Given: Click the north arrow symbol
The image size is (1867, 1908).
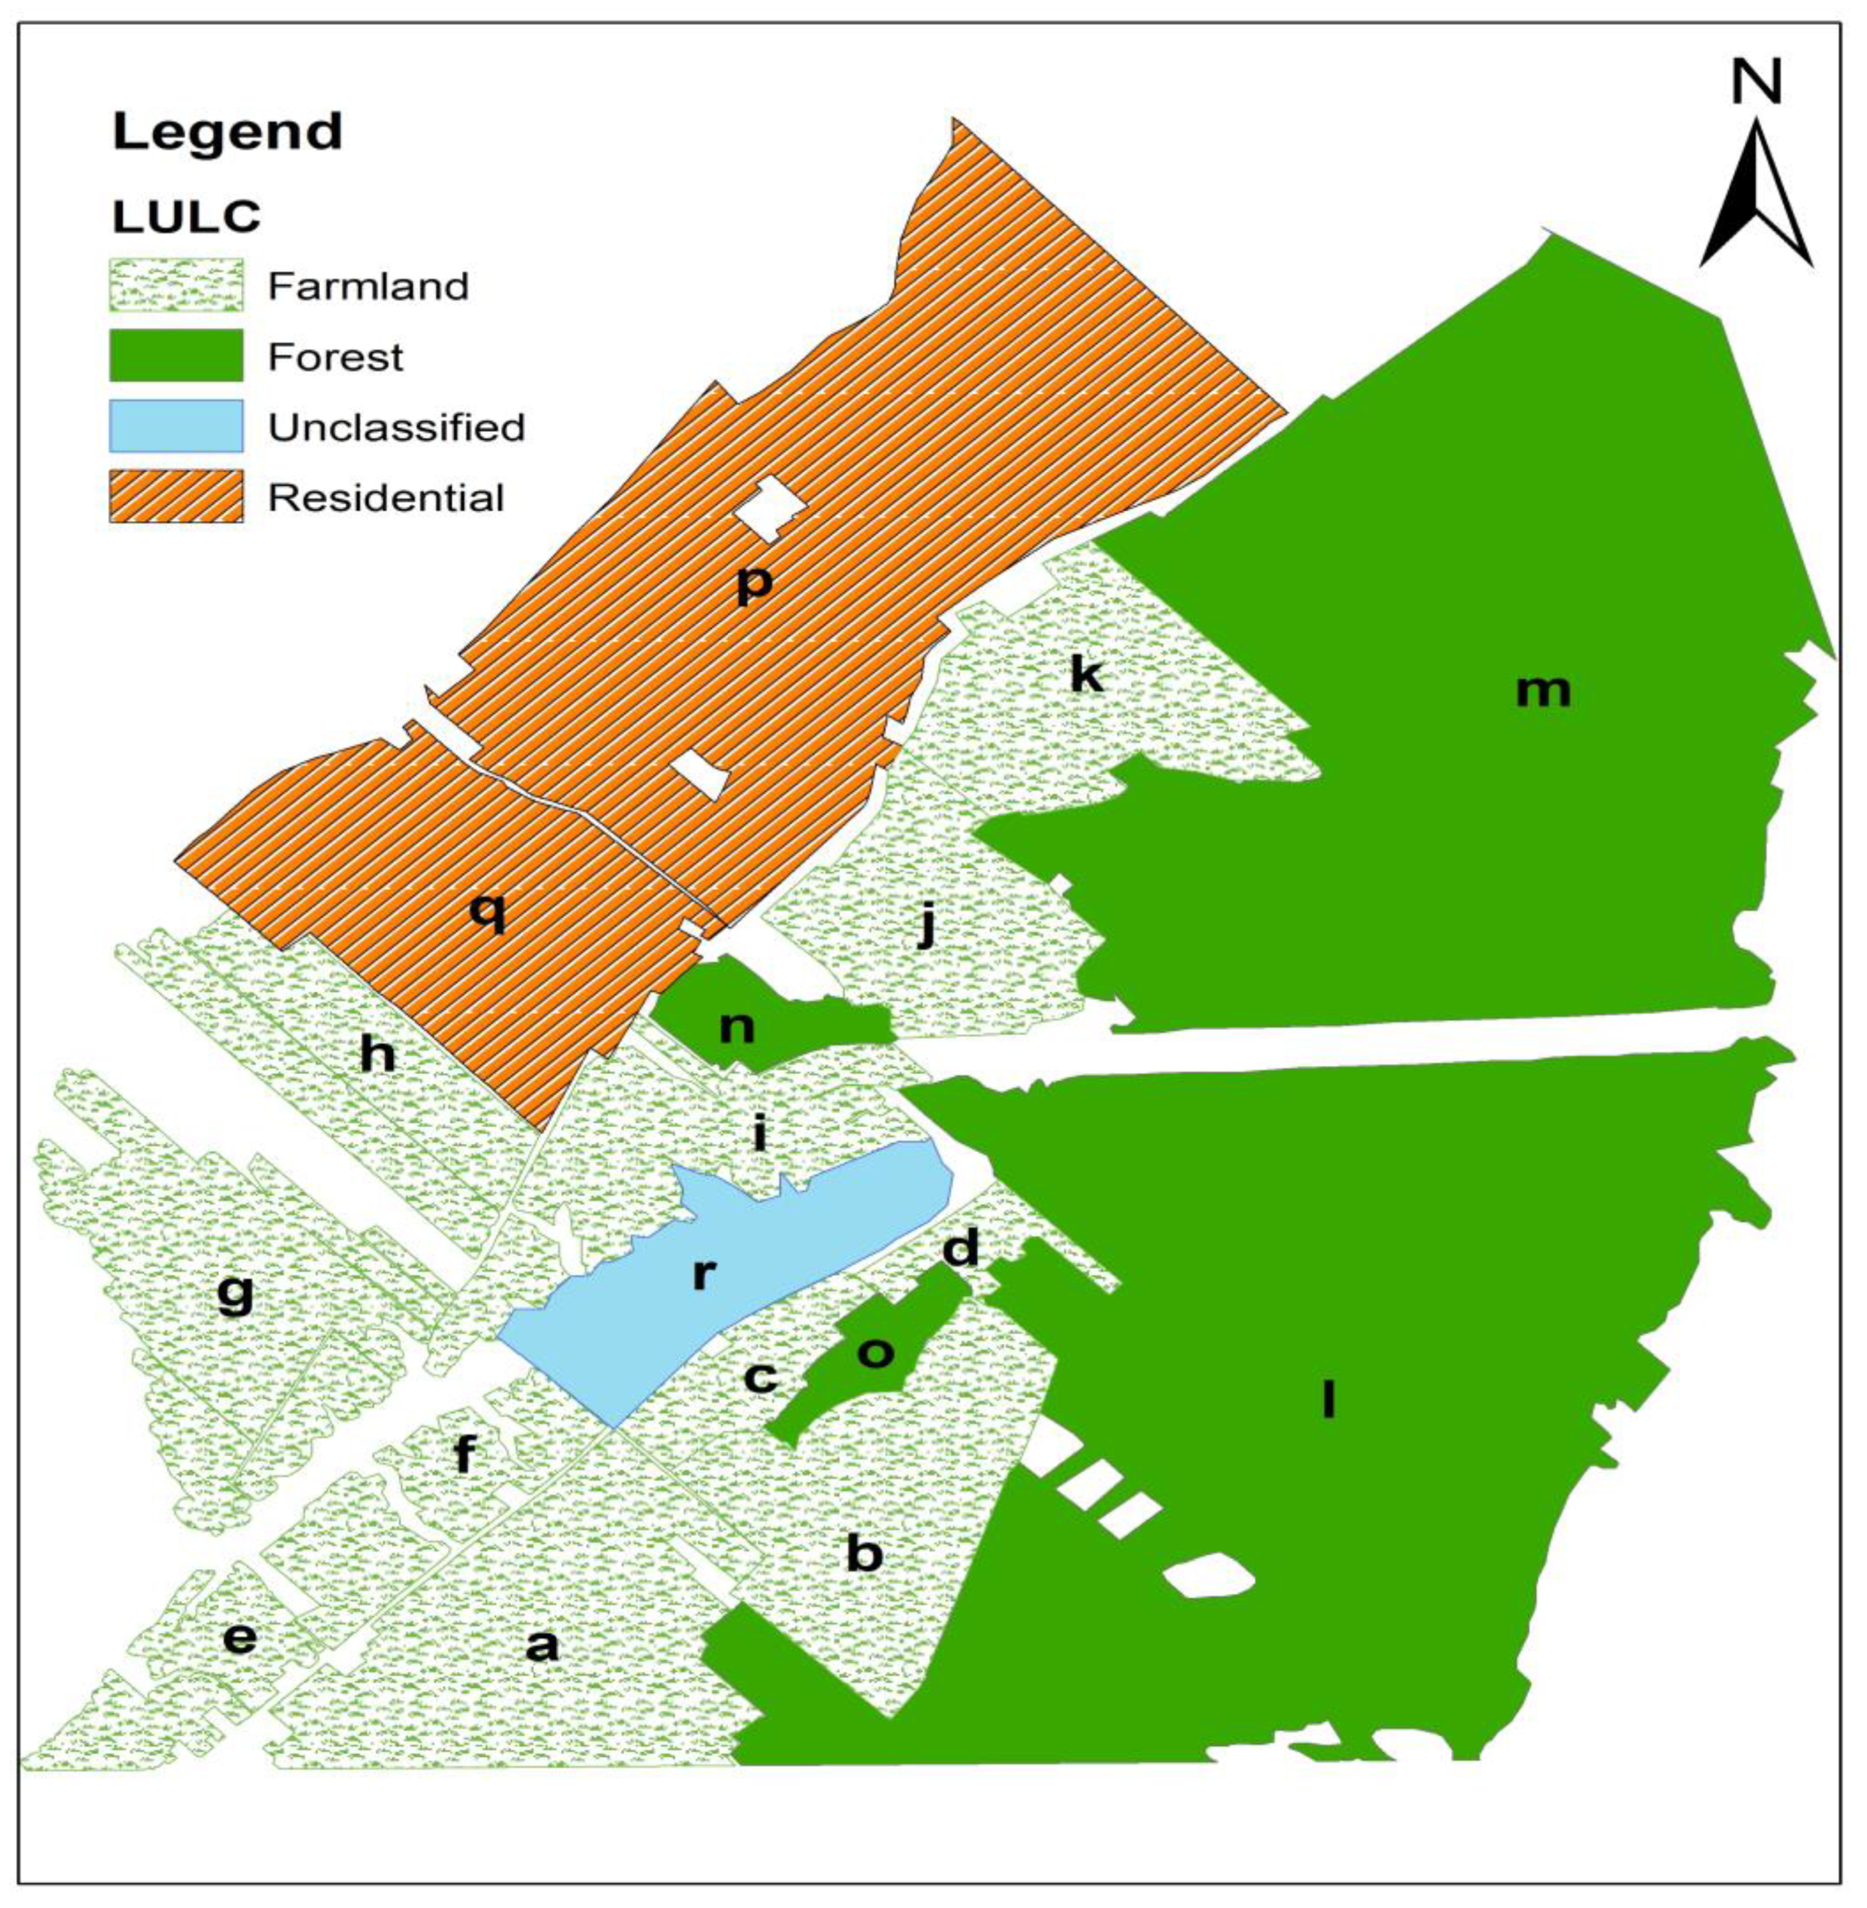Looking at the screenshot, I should click(x=1754, y=196).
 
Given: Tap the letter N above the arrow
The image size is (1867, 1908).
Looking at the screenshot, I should click(x=1755, y=83).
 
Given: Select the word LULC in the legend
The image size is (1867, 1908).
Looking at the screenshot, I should click(x=186, y=218).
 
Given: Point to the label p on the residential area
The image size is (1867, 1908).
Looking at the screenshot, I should click(x=754, y=585).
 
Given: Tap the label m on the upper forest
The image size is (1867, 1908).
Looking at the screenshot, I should click(x=1542, y=691).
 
